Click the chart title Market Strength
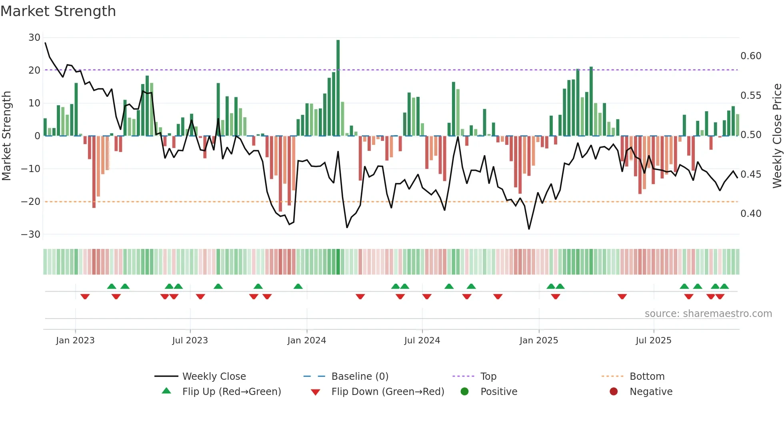58,11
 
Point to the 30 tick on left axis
34,38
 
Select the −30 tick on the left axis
31,235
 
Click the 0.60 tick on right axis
751,56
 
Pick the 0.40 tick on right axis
751,214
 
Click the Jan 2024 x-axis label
306,341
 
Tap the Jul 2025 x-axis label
653,341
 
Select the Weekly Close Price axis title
777,136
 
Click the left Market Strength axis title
6,136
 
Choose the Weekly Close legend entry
214,377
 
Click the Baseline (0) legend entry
360,377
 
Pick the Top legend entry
488,377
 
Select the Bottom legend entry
647,377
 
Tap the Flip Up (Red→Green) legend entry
231,392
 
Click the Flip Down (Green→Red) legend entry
387,392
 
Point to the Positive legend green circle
464,391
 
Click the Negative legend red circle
614,391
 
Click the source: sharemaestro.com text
708,314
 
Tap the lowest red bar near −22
94,172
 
